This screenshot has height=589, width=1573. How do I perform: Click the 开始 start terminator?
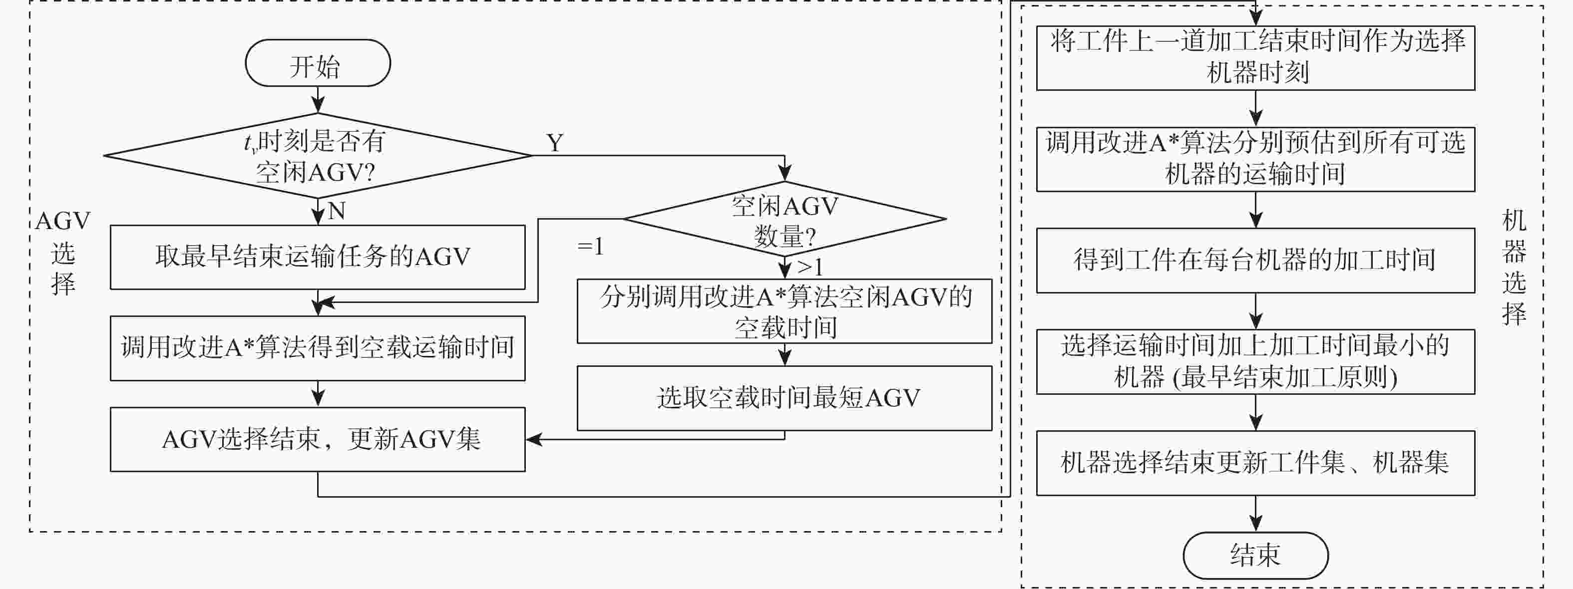318,63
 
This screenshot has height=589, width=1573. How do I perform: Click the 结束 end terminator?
1255,556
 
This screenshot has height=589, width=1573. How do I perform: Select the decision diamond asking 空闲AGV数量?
785,219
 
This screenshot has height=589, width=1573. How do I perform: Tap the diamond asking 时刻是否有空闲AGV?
318,156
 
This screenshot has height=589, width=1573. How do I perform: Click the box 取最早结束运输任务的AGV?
318,257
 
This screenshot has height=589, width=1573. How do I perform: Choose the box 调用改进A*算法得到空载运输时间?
318,348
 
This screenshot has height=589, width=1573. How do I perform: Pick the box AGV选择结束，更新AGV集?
318,439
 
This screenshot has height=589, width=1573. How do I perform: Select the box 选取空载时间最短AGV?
785,398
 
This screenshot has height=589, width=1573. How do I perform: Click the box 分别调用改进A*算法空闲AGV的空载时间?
785,311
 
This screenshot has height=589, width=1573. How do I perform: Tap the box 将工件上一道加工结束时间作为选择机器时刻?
1255,58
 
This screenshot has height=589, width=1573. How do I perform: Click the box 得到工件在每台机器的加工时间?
1255,261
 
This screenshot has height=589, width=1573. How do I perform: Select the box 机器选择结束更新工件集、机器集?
1255,463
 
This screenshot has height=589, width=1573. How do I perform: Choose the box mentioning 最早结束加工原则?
1255,362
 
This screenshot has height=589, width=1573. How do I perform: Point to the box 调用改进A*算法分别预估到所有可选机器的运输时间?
1255,159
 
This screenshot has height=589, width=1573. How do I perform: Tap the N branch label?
337,211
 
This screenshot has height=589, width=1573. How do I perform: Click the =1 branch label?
590,247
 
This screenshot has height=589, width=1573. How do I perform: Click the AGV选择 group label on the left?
63,252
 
